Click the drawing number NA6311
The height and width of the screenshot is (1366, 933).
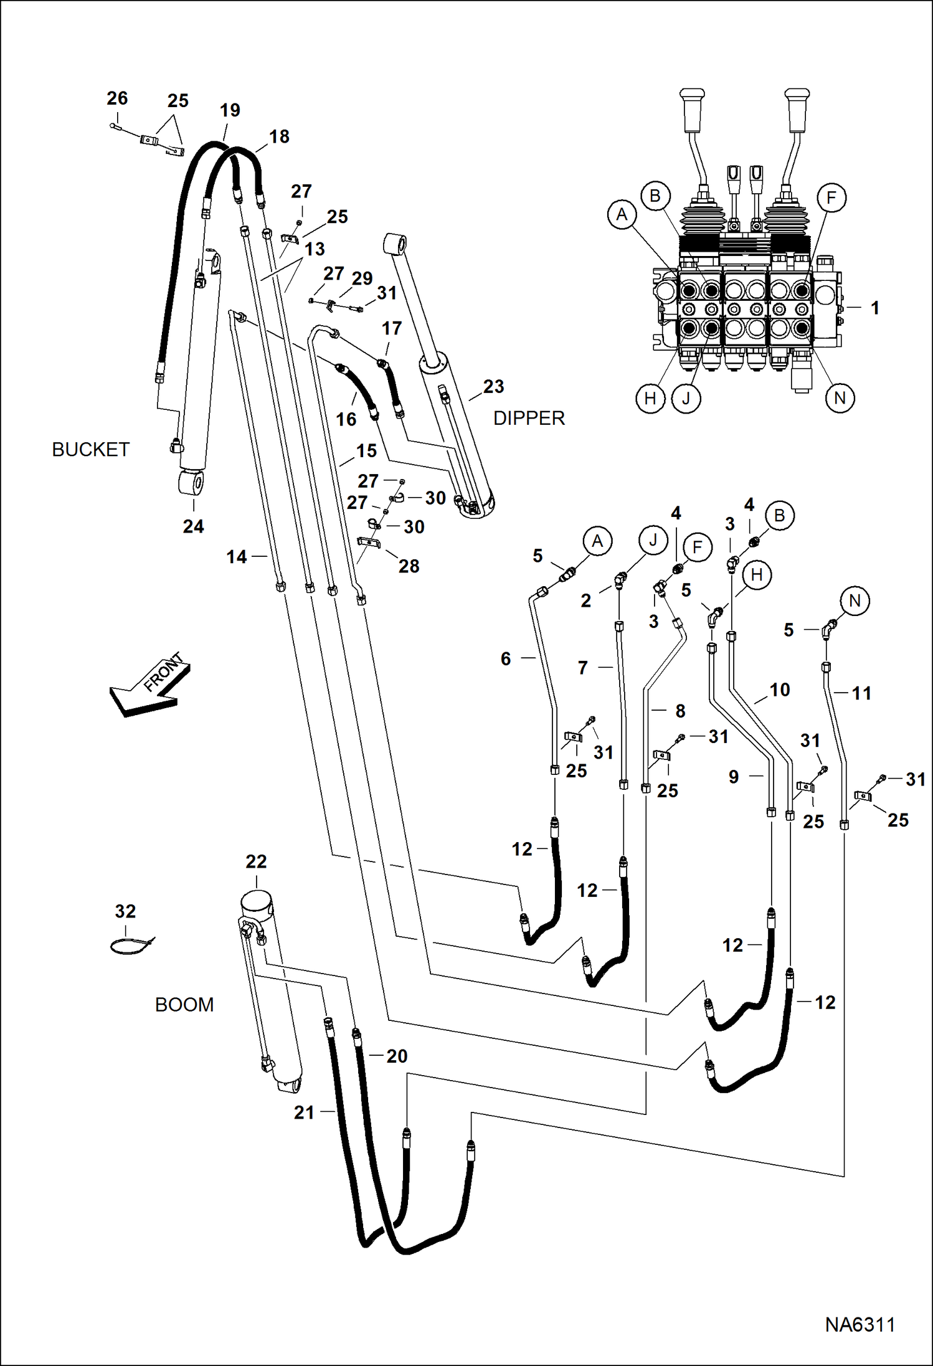(860, 1324)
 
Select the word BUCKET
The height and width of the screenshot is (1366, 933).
(90, 449)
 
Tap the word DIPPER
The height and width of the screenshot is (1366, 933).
(529, 418)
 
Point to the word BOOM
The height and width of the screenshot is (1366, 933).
(184, 1004)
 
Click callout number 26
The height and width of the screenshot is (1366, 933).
(117, 98)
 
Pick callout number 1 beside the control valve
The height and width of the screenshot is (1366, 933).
(874, 308)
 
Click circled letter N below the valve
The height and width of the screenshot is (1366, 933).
(840, 397)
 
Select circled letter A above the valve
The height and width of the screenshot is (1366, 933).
(622, 214)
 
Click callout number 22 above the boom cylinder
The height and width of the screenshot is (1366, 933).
(256, 861)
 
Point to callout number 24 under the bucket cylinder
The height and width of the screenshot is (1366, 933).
(193, 526)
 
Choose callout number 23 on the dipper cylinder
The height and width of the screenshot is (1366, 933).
(493, 386)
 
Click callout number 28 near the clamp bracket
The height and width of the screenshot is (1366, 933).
(409, 566)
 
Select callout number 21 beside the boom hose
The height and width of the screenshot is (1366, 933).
(304, 1112)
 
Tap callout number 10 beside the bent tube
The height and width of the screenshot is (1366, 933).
(779, 690)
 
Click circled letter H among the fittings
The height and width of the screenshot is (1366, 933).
(756, 574)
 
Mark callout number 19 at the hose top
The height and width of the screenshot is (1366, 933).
(230, 110)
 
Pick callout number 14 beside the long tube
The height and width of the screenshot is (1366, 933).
(237, 556)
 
